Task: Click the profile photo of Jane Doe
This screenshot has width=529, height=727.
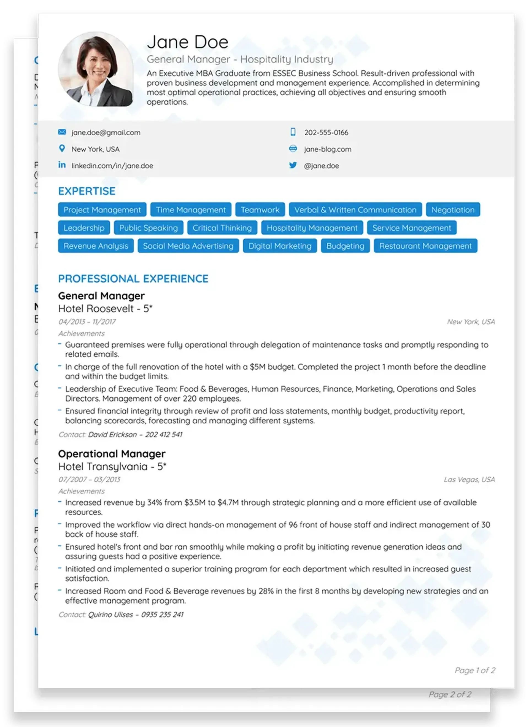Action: pos(96,69)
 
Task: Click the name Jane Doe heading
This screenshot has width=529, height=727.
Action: pos(187,42)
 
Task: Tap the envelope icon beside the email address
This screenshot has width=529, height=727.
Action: pos(62,132)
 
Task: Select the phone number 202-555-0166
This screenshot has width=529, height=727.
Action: pos(326,132)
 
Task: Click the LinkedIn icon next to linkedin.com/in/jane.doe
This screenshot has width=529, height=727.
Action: pos(62,165)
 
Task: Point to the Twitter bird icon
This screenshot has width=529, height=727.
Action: pos(293,165)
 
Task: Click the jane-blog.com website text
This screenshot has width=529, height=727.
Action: pos(328,149)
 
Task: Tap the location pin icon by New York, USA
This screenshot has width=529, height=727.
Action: pos(62,149)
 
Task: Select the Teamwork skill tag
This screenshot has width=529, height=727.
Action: pos(260,210)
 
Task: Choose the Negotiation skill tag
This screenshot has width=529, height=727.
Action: pos(452,210)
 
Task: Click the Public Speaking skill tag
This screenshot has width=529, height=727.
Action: pos(148,228)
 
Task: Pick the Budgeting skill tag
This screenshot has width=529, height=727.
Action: pos(345,246)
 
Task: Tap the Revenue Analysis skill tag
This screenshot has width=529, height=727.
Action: pos(96,246)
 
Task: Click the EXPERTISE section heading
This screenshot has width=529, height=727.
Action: pos(87,191)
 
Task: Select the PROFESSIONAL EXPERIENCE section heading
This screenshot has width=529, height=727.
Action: pos(133,279)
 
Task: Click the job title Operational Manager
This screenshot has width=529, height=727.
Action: pos(112,454)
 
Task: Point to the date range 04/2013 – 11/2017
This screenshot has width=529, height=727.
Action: pos(87,322)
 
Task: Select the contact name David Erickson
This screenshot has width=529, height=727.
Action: pos(112,434)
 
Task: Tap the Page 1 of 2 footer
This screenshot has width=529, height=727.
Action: pos(474,670)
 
